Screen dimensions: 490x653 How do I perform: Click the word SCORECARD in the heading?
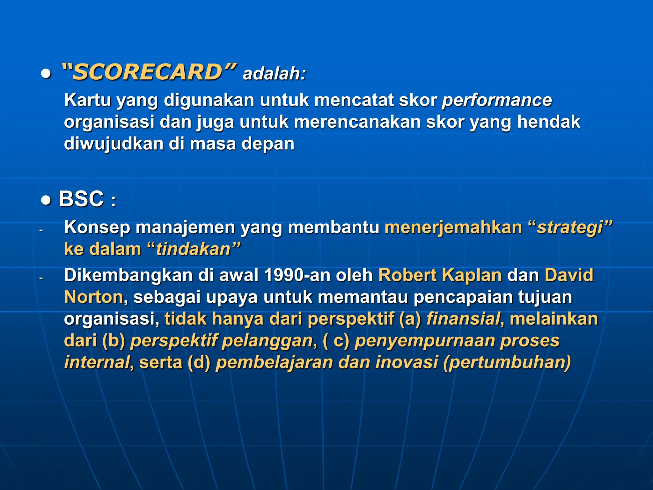pyautogui.click(x=147, y=72)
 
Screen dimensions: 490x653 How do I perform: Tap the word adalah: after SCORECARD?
pyautogui.click(x=274, y=74)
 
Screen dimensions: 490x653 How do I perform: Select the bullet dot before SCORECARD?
pyautogui.click(x=46, y=74)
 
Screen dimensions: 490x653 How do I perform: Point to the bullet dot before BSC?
pyautogui.click(x=46, y=200)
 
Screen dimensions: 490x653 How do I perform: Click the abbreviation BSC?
pyautogui.click(x=81, y=199)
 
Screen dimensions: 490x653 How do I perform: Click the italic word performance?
pyautogui.click(x=497, y=100)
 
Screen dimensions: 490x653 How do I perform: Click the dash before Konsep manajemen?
pyautogui.click(x=41, y=230)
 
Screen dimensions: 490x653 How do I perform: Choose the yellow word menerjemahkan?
pyautogui.click(x=453, y=227)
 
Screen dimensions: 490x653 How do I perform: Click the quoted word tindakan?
pyautogui.click(x=193, y=249)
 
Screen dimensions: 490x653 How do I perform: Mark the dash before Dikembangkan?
pyautogui.click(x=41, y=278)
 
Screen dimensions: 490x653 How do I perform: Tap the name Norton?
pyautogui.click(x=93, y=297)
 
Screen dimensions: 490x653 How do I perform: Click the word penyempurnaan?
pyautogui.click(x=425, y=341)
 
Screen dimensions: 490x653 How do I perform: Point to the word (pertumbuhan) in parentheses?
pyautogui.click(x=507, y=363)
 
